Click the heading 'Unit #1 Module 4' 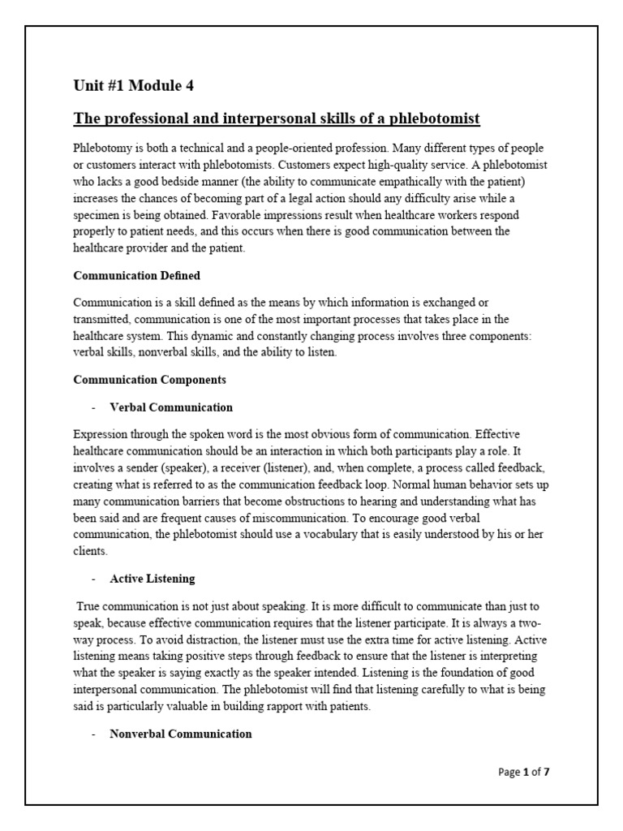click(x=134, y=84)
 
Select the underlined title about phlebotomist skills click(x=277, y=119)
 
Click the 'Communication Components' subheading click(x=150, y=379)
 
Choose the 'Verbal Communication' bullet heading click(x=171, y=407)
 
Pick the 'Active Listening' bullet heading click(x=152, y=579)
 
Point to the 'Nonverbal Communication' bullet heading click(x=181, y=734)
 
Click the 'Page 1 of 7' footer click(x=523, y=772)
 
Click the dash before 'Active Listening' click(x=93, y=579)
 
